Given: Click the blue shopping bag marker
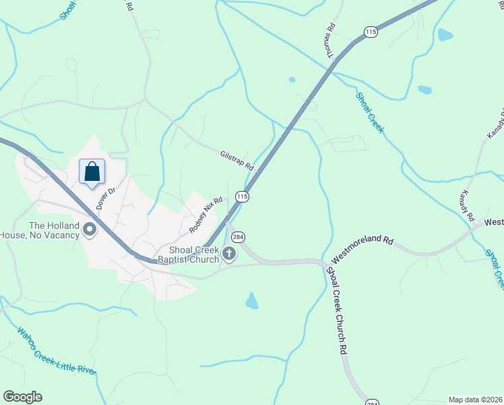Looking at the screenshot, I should (92, 171).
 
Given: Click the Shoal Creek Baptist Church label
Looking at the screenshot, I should (194, 254).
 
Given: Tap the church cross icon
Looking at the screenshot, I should (229, 254).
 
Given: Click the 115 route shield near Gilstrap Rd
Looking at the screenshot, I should (243, 196).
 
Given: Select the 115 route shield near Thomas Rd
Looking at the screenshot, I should (369, 32).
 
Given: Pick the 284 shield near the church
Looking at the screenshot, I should (237, 237).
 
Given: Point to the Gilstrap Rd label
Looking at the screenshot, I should (236, 161).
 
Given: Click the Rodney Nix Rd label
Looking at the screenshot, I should (206, 215).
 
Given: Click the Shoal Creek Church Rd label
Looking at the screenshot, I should (336, 311).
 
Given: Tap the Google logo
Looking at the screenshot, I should (22, 397).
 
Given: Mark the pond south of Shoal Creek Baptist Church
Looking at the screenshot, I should (252, 300).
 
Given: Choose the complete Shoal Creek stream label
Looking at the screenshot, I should (369, 112).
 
